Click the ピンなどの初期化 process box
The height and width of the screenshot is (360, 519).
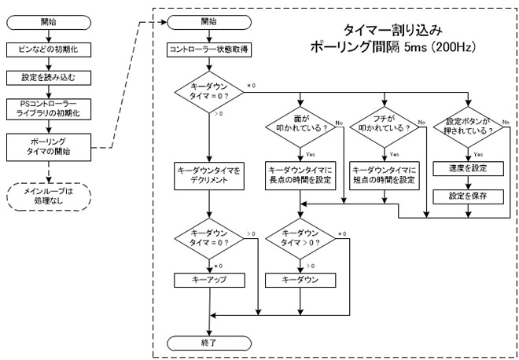49,50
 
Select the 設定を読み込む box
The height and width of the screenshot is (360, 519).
49,78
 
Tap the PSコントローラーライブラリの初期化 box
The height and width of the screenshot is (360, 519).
49,109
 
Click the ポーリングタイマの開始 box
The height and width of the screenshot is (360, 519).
49,147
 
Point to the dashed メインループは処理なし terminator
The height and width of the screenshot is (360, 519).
49,197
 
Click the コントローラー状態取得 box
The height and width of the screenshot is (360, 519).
209,50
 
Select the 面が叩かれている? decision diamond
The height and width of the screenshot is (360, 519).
300,127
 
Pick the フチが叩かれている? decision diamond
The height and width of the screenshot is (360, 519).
385,127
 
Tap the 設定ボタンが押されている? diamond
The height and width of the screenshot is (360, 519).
469,127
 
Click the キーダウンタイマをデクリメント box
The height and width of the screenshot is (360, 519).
209,176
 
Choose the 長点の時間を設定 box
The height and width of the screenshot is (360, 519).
300,176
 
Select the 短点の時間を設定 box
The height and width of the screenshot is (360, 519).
385,176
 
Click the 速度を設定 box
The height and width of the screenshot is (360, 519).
469,168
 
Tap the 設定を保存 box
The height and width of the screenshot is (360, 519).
469,197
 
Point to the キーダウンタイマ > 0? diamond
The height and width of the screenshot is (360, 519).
300,239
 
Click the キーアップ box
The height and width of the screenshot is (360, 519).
209,281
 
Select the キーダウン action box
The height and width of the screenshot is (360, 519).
300,281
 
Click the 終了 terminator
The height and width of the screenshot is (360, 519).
209,343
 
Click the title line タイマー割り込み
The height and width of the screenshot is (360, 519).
392,31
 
